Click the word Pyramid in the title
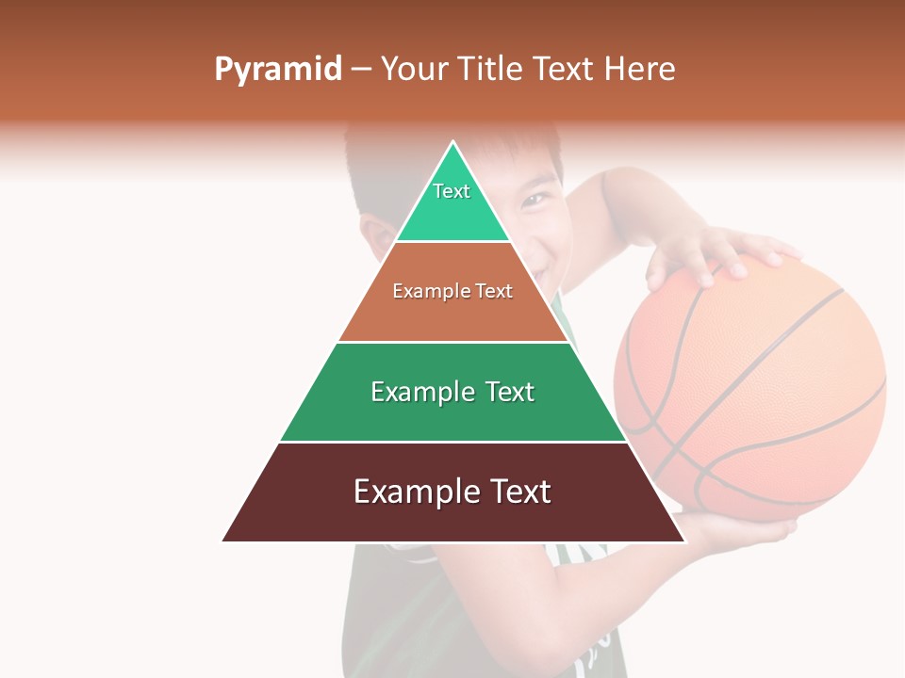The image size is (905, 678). pos(277,70)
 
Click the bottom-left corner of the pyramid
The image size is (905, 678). pos(224,541)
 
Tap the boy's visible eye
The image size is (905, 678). pos(536,199)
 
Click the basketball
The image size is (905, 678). pos(754,386)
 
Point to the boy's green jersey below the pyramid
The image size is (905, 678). pos(396,612)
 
